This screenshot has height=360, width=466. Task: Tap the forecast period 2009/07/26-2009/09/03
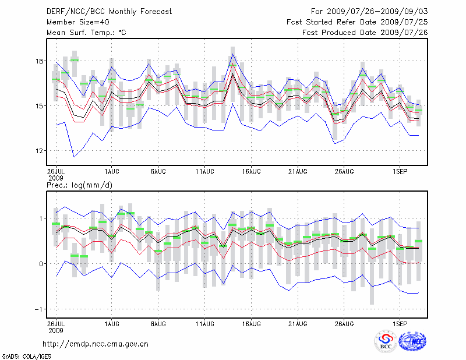(370, 11)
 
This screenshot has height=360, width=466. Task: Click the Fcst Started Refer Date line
(358, 22)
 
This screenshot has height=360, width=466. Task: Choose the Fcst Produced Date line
(365, 33)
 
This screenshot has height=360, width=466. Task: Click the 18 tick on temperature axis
(40, 61)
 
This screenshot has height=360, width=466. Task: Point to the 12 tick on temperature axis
(40, 151)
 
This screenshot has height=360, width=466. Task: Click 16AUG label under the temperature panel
(251, 172)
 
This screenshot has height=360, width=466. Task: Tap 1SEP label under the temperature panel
(400, 172)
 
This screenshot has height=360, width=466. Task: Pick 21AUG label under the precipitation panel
(298, 323)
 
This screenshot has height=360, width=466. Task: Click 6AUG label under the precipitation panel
(158, 323)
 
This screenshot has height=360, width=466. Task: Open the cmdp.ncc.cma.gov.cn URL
(96, 344)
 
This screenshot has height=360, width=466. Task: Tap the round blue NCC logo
(412, 342)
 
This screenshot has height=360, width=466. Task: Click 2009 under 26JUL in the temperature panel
(56, 177)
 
